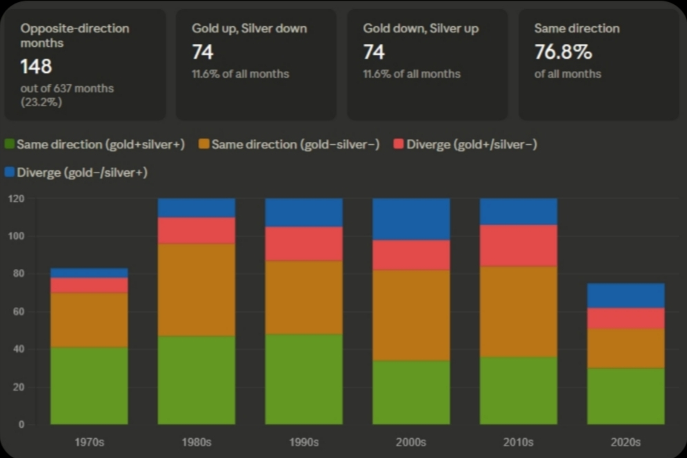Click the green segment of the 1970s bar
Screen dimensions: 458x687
[x=89, y=386]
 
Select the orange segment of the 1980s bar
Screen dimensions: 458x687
[x=197, y=290]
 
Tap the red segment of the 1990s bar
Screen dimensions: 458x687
[x=304, y=243]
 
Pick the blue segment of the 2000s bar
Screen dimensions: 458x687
[x=411, y=219]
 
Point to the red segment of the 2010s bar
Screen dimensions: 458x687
[x=519, y=245]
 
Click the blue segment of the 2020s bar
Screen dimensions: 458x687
[x=626, y=295]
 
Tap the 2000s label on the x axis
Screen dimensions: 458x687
[x=411, y=442]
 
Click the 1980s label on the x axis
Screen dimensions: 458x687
[x=197, y=442]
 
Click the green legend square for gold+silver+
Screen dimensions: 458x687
[x=10, y=145]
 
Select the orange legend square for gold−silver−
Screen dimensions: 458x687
[x=204, y=145]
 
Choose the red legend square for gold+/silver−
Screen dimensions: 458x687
[x=399, y=145]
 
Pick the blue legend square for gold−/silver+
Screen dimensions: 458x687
[x=10, y=172]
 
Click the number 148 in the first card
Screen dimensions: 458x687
[x=36, y=66]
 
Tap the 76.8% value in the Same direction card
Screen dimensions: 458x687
[x=564, y=52]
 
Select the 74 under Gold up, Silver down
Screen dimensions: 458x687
[x=203, y=52]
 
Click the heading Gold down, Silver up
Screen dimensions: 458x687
[x=421, y=28]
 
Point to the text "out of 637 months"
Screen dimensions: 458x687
[x=67, y=88]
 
